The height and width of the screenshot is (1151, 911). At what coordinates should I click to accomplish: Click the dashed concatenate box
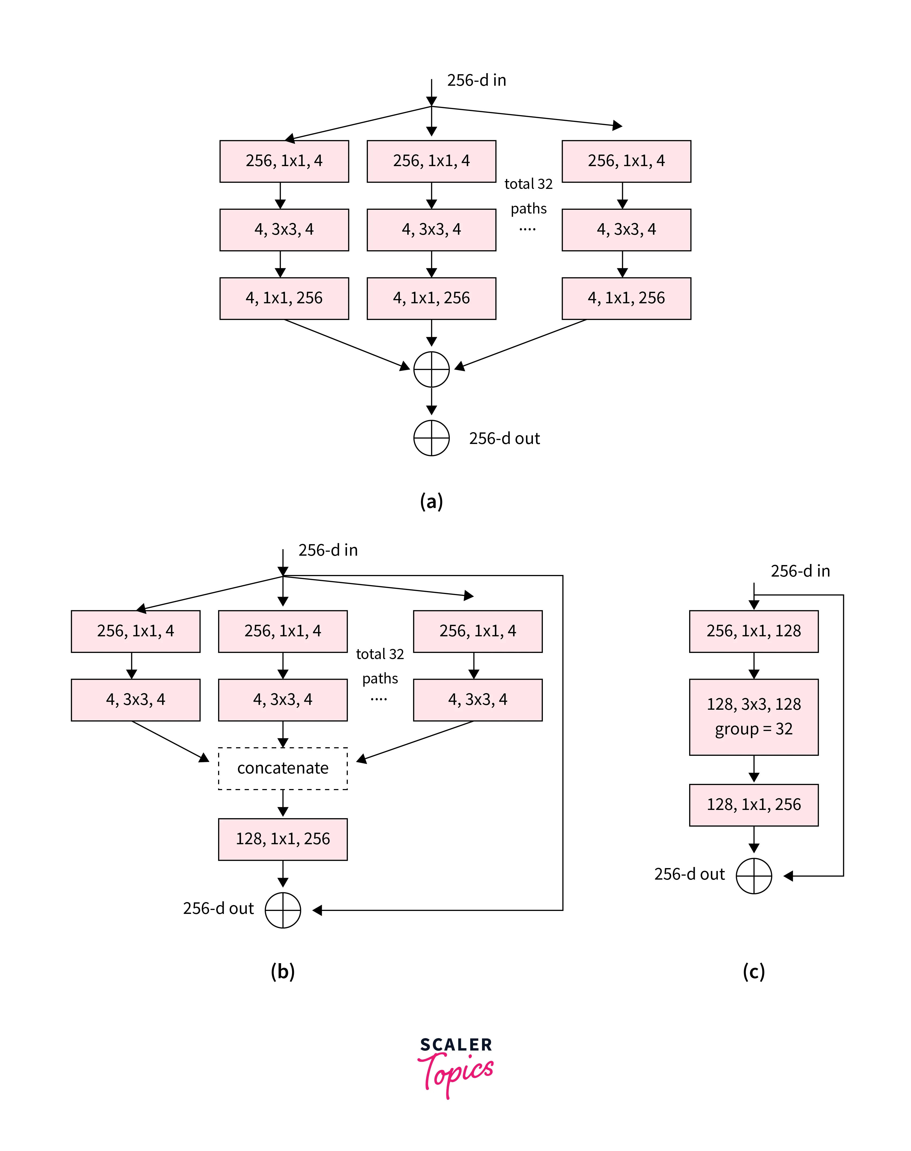283,768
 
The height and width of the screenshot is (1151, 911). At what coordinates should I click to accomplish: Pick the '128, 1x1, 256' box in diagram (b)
283,839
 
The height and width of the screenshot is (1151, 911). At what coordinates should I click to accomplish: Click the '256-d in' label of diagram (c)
800,571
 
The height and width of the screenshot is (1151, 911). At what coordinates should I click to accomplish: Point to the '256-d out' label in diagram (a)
504,438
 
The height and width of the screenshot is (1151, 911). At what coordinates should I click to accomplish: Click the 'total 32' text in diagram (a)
528,184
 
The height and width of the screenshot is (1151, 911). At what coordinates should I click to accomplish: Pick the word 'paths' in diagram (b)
380,678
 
